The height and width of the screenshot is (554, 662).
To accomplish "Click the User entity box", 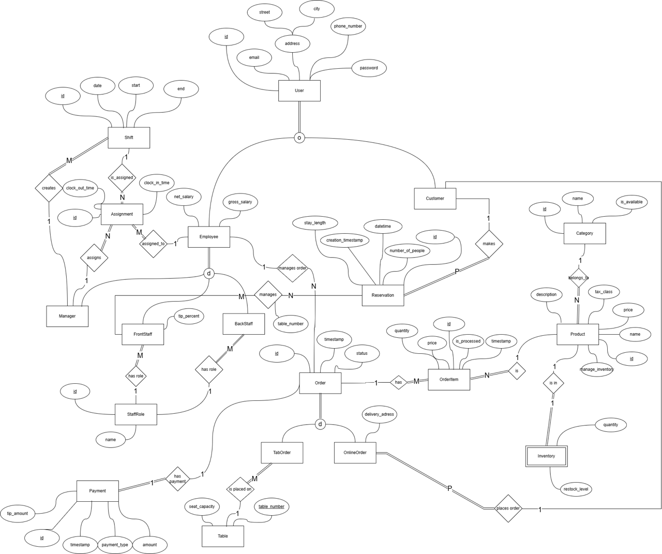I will [x=299, y=91].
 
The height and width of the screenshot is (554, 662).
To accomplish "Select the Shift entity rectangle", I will [x=129, y=138].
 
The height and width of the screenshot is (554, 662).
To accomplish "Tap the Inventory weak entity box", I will [x=546, y=456].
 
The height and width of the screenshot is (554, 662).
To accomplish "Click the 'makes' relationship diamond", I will [x=489, y=244].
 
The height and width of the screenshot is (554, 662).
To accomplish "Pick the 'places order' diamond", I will [x=508, y=508].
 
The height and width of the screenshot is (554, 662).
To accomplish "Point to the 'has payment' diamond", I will [x=177, y=479].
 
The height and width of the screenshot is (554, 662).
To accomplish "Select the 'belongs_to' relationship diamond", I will [x=578, y=278].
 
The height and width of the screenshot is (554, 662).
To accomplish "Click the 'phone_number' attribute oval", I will [x=348, y=26].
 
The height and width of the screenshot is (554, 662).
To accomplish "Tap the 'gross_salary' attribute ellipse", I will [x=240, y=202].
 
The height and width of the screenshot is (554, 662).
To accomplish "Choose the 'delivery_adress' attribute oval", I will [x=379, y=414].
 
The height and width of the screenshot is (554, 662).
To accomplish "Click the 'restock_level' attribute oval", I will [x=576, y=489].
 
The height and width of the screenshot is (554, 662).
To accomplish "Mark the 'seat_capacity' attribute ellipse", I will [x=202, y=506].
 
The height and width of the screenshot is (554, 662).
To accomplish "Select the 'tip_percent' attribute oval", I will [x=189, y=316].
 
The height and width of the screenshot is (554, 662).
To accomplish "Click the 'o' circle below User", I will [x=299, y=138].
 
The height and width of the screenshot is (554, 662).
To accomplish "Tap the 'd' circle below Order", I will [x=320, y=425].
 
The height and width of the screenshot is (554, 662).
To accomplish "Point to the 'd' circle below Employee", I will [x=209, y=274].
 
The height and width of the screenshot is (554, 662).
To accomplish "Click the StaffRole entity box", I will [x=136, y=414].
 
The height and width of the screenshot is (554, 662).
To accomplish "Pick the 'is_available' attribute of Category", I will [x=631, y=202].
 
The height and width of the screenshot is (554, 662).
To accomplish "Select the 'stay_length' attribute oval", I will [x=314, y=223].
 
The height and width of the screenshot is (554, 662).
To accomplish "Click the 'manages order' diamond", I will [x=292, y=268].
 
